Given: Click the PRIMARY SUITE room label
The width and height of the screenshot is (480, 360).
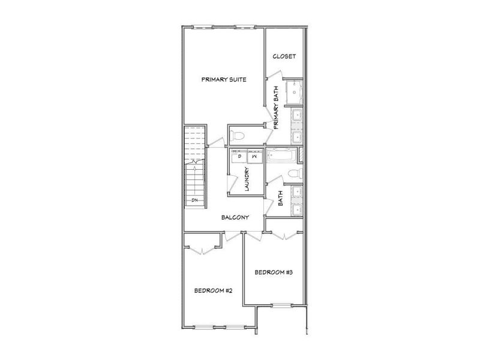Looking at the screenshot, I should (x=224, y=80).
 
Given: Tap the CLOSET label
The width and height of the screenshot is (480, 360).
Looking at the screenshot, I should (x=284, y=57).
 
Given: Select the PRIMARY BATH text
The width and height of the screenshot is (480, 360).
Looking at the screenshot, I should (x=277, y=109).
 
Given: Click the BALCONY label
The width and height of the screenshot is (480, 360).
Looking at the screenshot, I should (x=235, y=217).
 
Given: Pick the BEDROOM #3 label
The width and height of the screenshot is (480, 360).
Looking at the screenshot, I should (x=273, y=272).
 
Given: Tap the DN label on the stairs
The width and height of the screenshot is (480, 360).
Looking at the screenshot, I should (x=195, y=200).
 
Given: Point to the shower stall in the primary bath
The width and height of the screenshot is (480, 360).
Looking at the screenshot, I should (x=294, y=91).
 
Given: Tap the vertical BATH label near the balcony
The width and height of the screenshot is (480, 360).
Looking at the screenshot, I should (x=280, y=198).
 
